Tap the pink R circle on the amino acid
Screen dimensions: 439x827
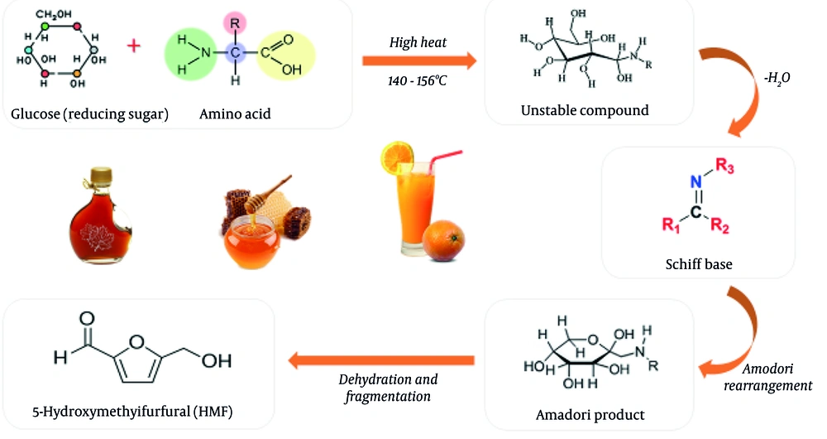(x=236, y=17)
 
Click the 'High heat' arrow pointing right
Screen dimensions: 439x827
(x=419, y=60)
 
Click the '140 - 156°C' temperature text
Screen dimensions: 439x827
(x=420, y=84)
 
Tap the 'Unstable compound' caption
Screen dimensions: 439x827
(x=585, y=110)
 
